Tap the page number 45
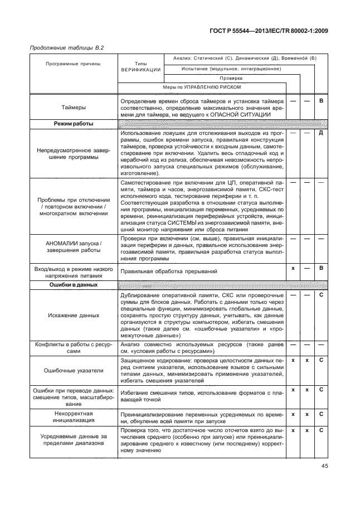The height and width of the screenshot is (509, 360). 325,467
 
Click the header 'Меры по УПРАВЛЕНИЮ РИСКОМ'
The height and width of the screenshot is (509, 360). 202,88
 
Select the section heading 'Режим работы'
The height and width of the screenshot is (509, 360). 74,124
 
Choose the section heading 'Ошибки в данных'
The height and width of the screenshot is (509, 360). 74,284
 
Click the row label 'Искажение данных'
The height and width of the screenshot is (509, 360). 74,315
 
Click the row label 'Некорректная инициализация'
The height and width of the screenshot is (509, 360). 74,418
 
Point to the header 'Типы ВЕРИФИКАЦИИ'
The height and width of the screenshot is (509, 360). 140,67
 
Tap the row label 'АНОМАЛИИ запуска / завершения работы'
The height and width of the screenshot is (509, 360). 74,248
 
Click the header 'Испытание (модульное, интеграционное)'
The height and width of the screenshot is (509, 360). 231,69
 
